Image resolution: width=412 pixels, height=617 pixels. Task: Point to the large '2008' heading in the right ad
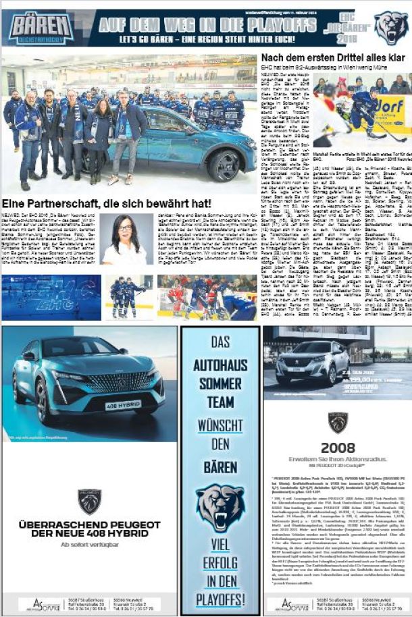[x=338, y=448]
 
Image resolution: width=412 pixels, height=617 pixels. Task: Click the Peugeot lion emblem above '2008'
[x=338, y=423]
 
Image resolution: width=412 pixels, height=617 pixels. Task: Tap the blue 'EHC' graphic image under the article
[x=51, y=296]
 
